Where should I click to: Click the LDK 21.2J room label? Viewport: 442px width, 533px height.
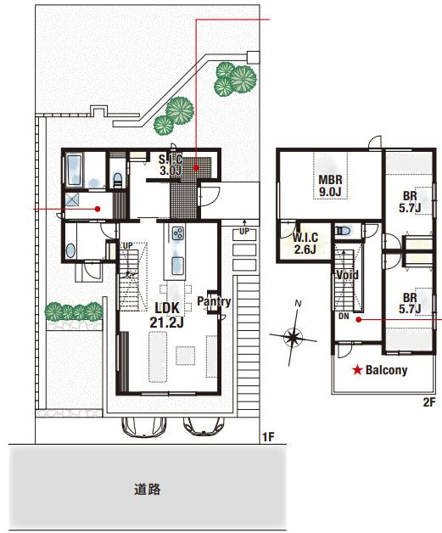tap(166, 315)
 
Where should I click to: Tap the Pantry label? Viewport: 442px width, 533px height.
tap(214, 301)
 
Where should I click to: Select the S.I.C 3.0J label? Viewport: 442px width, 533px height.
tap(171, 165)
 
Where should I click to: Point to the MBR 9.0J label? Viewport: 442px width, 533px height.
tap(330, 185)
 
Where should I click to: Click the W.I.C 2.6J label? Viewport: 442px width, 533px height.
tap(305, 243)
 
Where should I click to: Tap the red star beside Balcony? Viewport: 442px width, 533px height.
tap(357, 370)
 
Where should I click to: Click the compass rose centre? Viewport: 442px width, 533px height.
tap(293, 337)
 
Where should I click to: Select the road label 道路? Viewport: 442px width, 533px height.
tap(147, 489)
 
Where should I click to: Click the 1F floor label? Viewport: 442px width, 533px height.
tap(268, 437)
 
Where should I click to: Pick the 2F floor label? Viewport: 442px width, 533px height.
tap(429, 402)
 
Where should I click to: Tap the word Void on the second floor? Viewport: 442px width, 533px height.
tap(347, 275)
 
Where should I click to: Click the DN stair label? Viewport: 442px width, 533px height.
tap(344, 316)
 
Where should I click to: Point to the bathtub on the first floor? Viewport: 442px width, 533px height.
tap(75, 171)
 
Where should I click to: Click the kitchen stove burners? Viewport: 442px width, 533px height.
tap(177, 233)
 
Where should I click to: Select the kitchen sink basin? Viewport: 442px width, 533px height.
tap(177, 266)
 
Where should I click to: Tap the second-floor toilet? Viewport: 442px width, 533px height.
tap(343, 231)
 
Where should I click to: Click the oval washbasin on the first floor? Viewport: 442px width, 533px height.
tap(70, 251)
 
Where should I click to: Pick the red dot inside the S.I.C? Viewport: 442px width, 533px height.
tap(196, 167)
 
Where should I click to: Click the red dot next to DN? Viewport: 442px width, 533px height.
tap(358, 319)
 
